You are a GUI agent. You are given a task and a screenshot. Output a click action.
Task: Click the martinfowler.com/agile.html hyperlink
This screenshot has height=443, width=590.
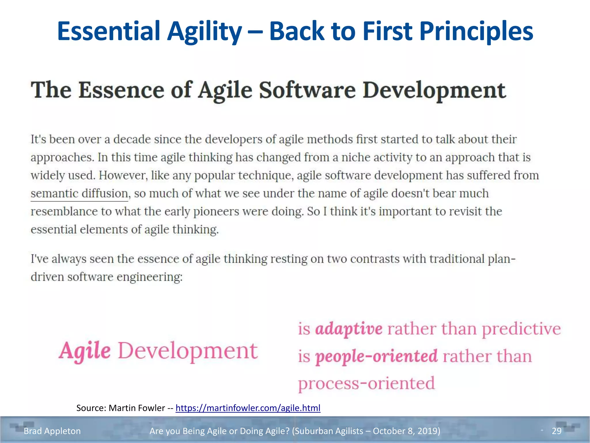pos(248,408)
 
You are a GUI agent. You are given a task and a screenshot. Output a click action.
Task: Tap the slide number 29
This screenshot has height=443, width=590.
pos(557,431)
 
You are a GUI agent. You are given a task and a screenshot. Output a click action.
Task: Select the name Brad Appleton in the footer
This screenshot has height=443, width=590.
pos(52,431)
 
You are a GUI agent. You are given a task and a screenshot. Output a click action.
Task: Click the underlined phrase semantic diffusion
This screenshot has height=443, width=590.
pos(79,193)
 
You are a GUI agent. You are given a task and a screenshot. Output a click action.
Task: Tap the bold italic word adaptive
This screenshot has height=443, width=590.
pos(349,329)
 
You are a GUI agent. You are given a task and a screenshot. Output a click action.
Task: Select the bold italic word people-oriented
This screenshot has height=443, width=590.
pos(376,356)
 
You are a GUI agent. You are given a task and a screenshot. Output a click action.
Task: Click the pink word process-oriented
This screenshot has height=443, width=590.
pos(366,384)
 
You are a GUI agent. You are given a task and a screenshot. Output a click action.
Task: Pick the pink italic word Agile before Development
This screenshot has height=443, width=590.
pos(85,351)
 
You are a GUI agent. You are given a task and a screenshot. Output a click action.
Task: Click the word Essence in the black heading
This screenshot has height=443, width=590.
pos(121,90)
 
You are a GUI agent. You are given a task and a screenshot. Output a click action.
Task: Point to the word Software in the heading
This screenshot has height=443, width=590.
pos(307,90)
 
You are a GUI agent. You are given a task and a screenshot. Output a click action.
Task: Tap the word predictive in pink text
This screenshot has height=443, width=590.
pos(521,329)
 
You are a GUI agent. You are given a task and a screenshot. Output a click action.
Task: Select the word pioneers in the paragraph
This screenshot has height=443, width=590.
pos(216,211)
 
